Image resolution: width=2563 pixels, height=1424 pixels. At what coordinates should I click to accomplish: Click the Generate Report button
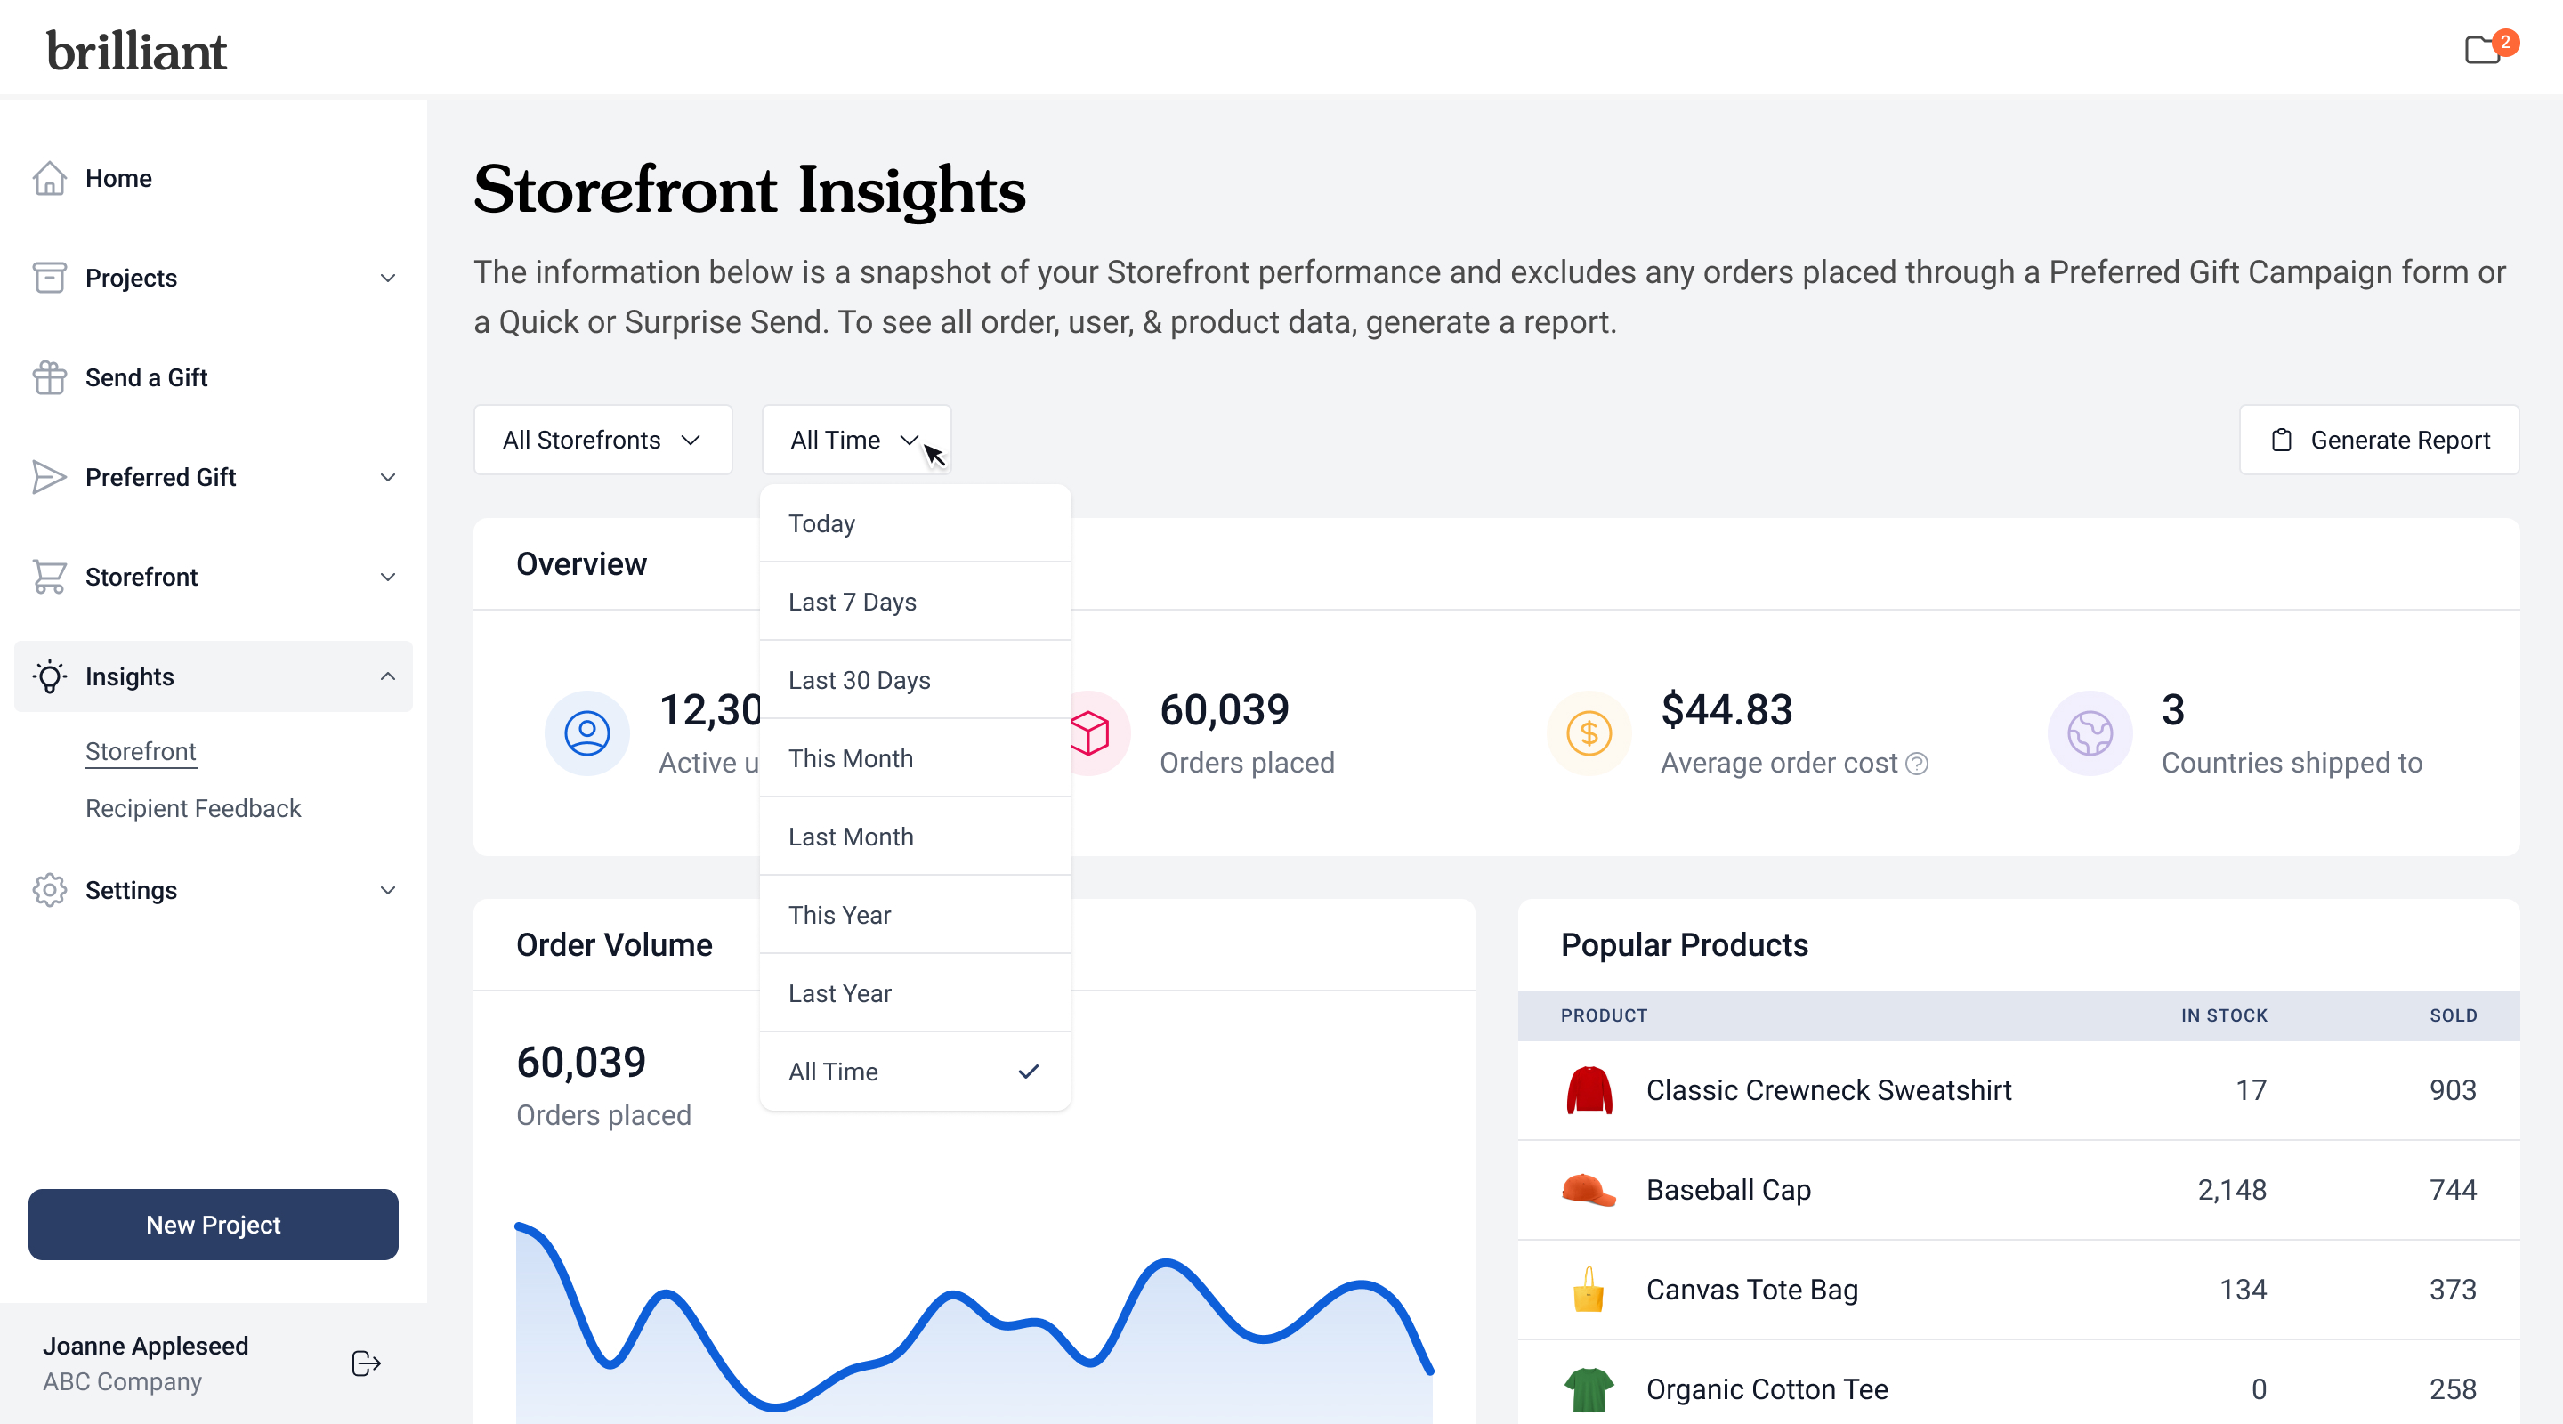(x=2378, y=440)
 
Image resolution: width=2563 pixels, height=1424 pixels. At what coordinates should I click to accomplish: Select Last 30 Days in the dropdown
(x=860, y=680)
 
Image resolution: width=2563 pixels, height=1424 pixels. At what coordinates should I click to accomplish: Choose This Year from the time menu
(x=840, y=915)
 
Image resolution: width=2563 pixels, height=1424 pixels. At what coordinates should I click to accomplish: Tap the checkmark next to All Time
(x=1028, y=1072)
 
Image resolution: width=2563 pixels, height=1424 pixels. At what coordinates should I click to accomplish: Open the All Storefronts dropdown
(x=602, y=440)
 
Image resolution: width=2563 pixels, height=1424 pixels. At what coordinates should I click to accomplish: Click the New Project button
(x=213, y=1224)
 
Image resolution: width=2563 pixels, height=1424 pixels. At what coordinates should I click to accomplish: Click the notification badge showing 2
(x=2504, y=42)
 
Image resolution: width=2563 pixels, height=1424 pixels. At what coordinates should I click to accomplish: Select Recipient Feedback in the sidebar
(x=193, y=808)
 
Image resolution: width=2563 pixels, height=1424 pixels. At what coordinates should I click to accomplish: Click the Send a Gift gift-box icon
(x=49, y=377)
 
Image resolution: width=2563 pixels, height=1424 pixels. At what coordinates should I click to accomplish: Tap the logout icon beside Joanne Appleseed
(x=365, y=1363)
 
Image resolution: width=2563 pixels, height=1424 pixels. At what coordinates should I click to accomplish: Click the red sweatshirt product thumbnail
(x=1589, y=1090)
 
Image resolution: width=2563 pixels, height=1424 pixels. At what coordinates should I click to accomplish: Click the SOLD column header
(x=2453, y=1015)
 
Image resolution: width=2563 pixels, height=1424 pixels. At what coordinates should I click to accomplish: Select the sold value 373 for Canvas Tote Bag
(x=2452, y=1290)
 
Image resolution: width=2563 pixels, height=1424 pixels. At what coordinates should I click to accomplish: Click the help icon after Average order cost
(x=1916, y=764)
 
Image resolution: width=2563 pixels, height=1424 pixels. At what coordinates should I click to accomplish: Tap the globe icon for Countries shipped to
(x=2090, y=733)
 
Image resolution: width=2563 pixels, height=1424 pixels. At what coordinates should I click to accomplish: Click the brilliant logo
(x=136, y=51)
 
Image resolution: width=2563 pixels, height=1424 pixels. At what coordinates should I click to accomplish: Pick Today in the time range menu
(x=821, y=523)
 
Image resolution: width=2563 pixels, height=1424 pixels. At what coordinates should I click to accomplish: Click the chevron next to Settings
(x=388, y=891)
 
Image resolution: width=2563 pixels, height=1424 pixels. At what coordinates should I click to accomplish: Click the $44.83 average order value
(x=1726, y=709)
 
